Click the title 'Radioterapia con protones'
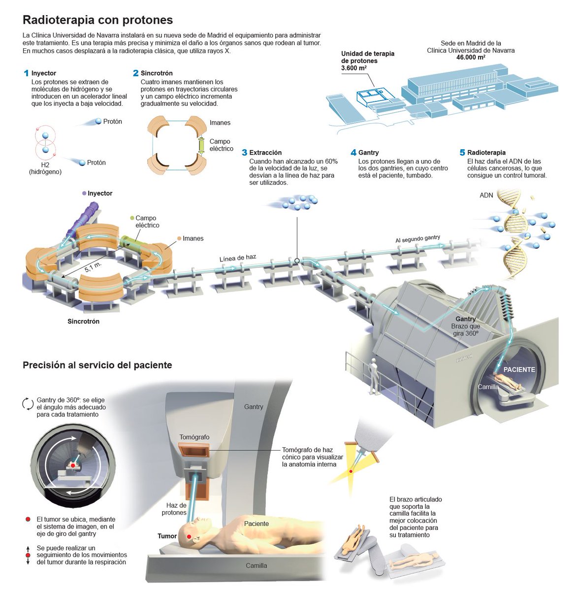pyautogui.click(x=97, y=20)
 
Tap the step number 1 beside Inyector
pyautogui.click(x=26, y=73)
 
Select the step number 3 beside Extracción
pyautogui.click(x=244, y=153)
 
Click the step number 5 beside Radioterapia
pyautogui.click(x=462, y=153)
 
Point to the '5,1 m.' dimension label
pyautogui.click(x=93, y=267)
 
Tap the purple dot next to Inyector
pyautogui.click(x=85, y=194)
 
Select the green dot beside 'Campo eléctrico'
pyautogui.click(x=132, y=218)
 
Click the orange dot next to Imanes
pyautogui.click(x=179, y=238)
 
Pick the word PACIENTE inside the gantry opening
pyautogui.click(x=519, y=369)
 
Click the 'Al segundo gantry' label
pyautogui.click(x=418, y=239)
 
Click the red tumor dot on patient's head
pyautogui.click(x=189, y=536)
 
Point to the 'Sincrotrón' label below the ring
pyautogui.click(x=83, y=322)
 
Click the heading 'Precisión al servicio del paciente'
pyautogui.click(x=97, y=365)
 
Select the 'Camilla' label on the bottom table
pyautogui.click(x=256, y=565)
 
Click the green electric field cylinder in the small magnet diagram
pyautogui.click(x=201, y=146)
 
